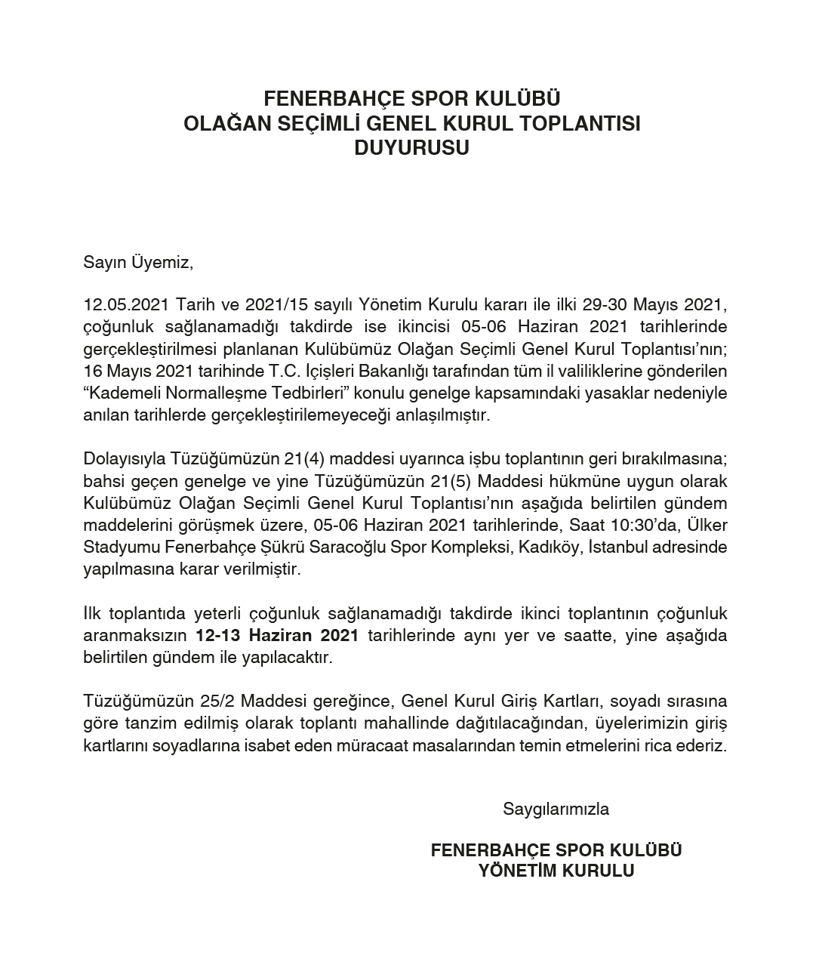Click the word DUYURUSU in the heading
(x=411, y=148)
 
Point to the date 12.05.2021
(x=125, y=305)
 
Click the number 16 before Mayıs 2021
(x=93, y=372)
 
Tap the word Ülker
(x=707, y=525)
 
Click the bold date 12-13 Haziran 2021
(x=276, y=635)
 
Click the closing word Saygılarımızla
(x=556, y=809)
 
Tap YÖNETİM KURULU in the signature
(x=556, y=871)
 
